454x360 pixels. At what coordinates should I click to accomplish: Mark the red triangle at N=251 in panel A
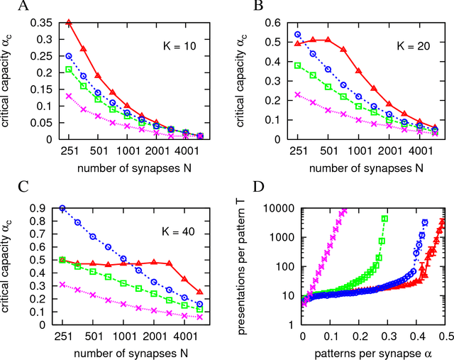(70, 23)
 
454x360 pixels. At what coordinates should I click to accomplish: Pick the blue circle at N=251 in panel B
(298, 34)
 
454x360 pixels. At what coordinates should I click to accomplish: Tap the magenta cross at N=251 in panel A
(70, 96)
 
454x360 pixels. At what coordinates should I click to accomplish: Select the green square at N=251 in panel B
(298, 65)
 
